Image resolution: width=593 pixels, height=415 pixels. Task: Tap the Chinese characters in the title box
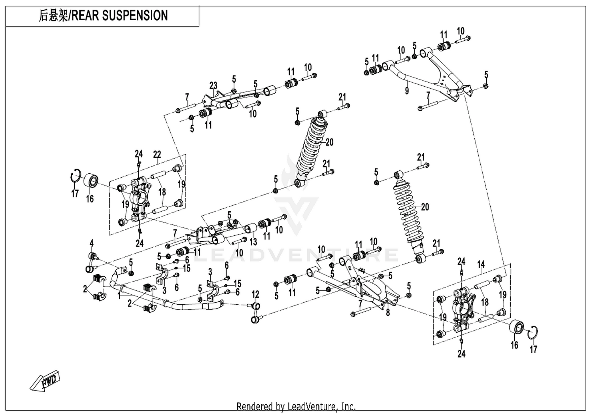point(53,16)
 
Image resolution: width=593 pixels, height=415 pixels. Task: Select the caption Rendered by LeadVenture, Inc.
point(296,406)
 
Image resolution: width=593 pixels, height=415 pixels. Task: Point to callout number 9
point(407,91)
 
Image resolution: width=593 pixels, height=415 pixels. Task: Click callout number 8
point(388,313)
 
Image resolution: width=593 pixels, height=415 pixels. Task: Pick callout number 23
point(213,86)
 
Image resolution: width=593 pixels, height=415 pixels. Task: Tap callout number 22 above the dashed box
point(157,154)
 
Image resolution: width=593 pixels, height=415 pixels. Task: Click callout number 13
point(253,241)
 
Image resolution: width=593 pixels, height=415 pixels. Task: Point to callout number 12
point(255,294)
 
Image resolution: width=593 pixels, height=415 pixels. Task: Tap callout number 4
point(91,243)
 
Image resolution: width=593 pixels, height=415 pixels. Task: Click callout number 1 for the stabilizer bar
point(119,294)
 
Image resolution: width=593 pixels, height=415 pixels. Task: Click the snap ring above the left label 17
point(76,175)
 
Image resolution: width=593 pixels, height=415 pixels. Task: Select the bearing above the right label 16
point(516,326)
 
